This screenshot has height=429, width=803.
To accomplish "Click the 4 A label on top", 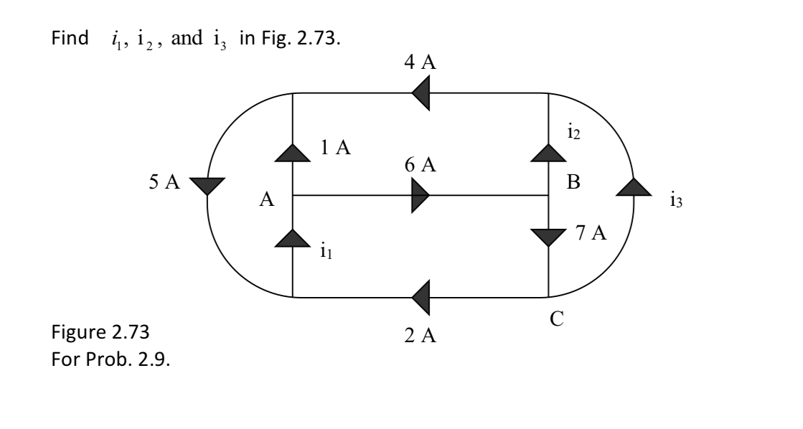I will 420,62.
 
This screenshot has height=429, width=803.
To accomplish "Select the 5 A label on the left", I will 164,182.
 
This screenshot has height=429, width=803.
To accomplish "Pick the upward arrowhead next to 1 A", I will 293,151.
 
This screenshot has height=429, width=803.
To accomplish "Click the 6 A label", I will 420,165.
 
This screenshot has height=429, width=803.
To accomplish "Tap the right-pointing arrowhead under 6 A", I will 421,195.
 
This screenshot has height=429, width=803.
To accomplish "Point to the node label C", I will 556,320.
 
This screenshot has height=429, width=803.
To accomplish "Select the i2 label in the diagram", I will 573,131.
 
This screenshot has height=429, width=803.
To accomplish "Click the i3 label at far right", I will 675,202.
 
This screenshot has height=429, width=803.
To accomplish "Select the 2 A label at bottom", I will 420,335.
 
